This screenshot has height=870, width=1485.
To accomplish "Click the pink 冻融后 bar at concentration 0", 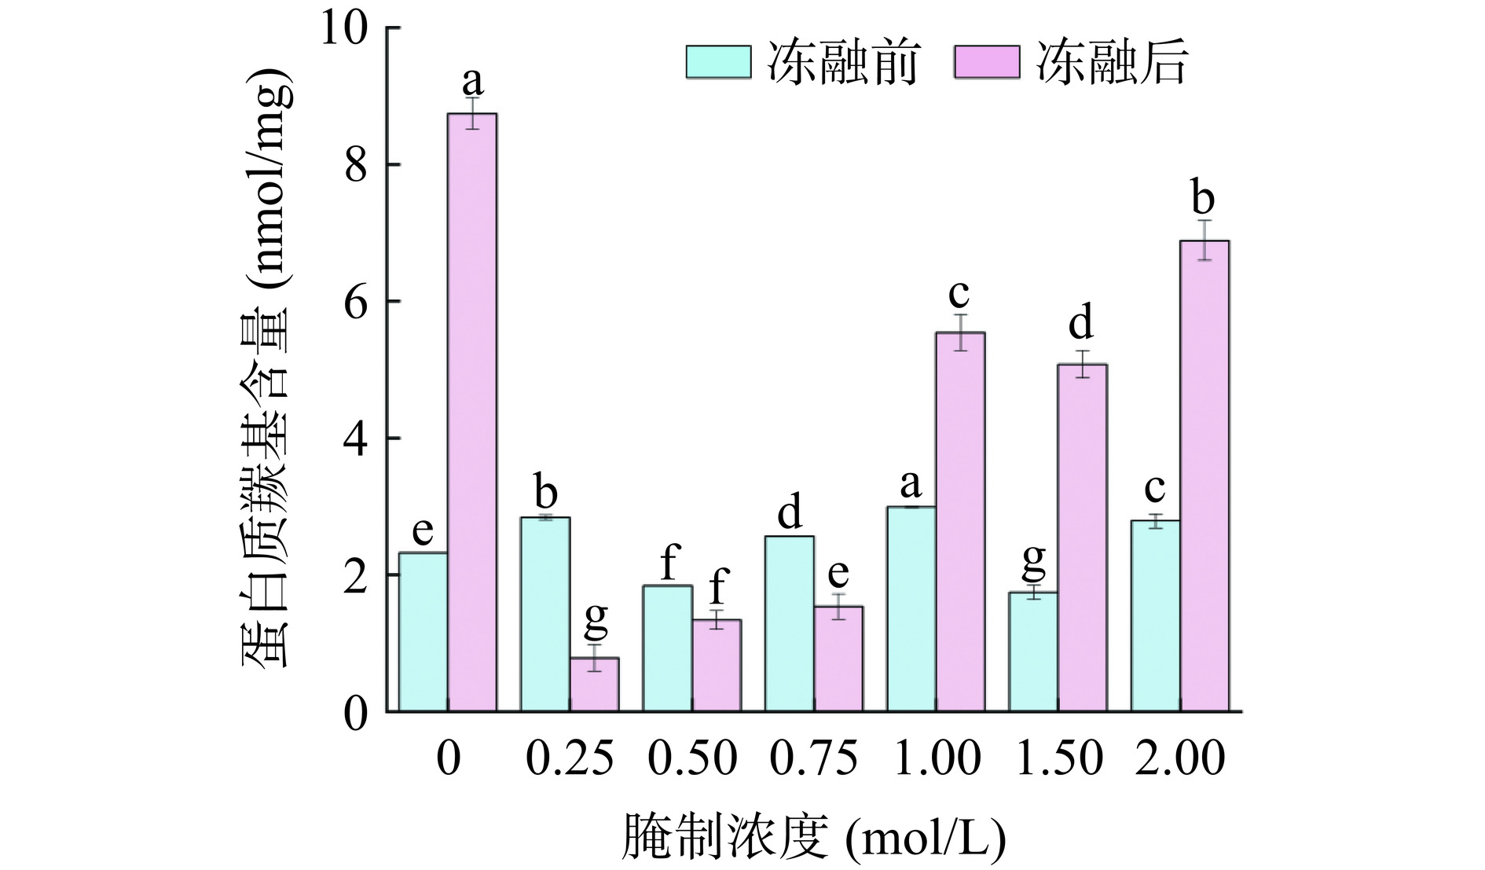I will [x=472, y=413].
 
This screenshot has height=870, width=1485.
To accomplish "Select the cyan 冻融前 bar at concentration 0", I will [x=423, y=633].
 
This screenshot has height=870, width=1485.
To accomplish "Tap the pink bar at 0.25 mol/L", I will [x=594, y=685].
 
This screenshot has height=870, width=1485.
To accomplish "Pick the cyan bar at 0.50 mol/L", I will [x=668, y=648].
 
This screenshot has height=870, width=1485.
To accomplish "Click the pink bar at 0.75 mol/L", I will [x=838, y=659].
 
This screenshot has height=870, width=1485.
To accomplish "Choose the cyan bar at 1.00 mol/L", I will [x=911, y=609].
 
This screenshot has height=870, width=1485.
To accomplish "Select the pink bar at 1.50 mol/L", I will [x=1082, y=538].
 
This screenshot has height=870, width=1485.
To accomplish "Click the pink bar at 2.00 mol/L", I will [x=1204, y=476].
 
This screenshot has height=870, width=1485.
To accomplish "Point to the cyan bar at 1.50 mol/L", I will [x=1033, y=652].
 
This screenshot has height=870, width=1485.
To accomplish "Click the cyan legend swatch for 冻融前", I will [x=718, y=62].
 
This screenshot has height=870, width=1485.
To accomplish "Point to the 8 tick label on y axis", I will [x=356, y=165].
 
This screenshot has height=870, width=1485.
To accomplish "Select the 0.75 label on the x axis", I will [x=814, y=759].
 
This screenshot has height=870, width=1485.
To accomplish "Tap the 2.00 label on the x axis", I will [x=1180, y=759].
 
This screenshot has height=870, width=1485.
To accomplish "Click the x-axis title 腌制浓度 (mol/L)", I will [x=813, y=838].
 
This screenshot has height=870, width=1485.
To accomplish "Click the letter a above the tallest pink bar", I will [x=472, y=79].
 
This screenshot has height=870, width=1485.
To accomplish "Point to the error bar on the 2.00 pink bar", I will [x=1204, y=240].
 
